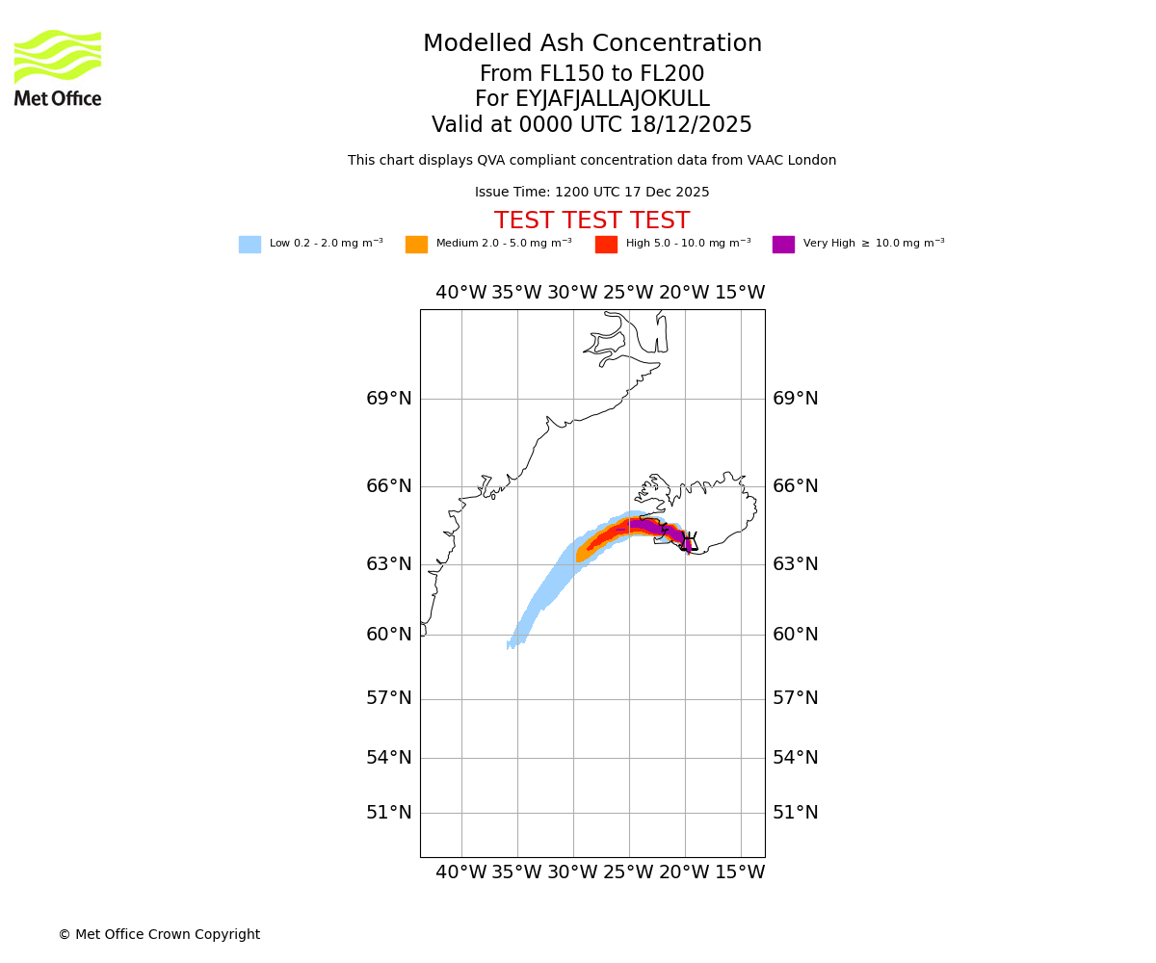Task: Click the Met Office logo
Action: point(58,67)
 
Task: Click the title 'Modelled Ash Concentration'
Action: point(592,44)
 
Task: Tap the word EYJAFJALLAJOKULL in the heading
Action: point(614,99)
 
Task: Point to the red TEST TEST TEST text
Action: point(591,221)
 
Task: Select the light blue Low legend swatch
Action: point(250,245)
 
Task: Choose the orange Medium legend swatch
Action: point(416,245)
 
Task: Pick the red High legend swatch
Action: point(606,245)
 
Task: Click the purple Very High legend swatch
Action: point(783,245)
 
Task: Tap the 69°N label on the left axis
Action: point(389,399)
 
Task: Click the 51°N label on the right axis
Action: point(796,813)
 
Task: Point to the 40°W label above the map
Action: point(461,293)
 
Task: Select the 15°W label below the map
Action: point(740,872)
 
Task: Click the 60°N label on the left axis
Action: point(389,635)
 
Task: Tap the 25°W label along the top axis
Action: point(628,293)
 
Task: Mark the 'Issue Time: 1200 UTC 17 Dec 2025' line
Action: point(591,193)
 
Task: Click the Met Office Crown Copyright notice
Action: point(159,935)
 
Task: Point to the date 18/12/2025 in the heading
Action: point(691,125)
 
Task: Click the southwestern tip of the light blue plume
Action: point(510,646)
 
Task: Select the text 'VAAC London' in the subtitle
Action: point(798,161)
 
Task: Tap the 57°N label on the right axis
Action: point(796,698)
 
